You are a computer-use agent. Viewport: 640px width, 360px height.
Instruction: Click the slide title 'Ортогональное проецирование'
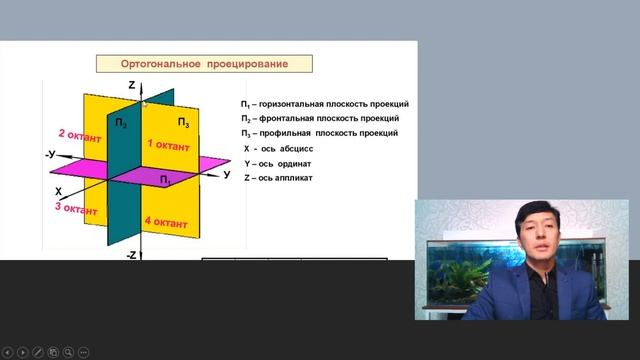(x=204, y=64)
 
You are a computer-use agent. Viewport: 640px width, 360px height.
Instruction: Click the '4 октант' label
(x=165, y=222)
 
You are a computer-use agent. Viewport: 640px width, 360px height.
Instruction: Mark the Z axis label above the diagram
(x=131, y=85)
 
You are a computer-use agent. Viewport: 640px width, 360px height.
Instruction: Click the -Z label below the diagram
(x=131, y=256)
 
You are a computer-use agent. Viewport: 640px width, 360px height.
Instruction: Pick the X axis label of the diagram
(x=58, y=190)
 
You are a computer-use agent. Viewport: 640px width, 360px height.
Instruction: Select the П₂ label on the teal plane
(x=121, y=123)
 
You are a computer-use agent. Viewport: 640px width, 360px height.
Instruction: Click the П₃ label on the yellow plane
(x=184, y=122)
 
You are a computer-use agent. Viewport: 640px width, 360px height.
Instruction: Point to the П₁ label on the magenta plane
(x=165, y=178)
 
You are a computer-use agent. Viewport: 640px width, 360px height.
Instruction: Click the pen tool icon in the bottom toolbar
(x=38, y=352)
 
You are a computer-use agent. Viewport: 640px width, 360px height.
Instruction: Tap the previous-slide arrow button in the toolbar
(x=7, y=352)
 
